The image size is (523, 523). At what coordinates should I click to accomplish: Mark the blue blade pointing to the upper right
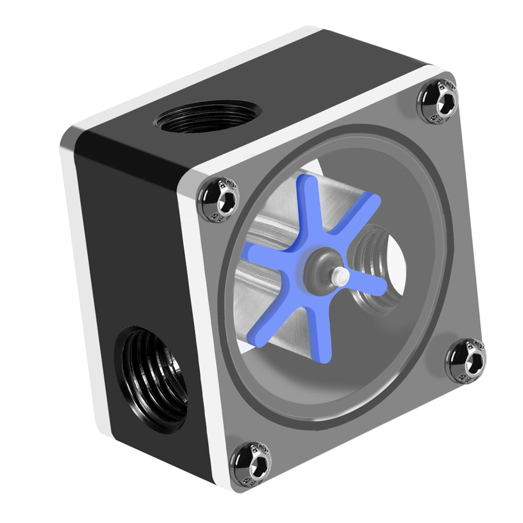359,212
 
